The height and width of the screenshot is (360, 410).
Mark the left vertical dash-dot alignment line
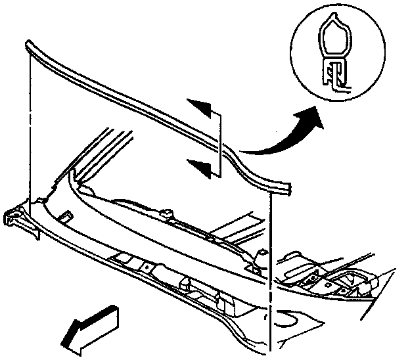point(30,131)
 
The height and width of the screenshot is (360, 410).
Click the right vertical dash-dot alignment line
point(271,263)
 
